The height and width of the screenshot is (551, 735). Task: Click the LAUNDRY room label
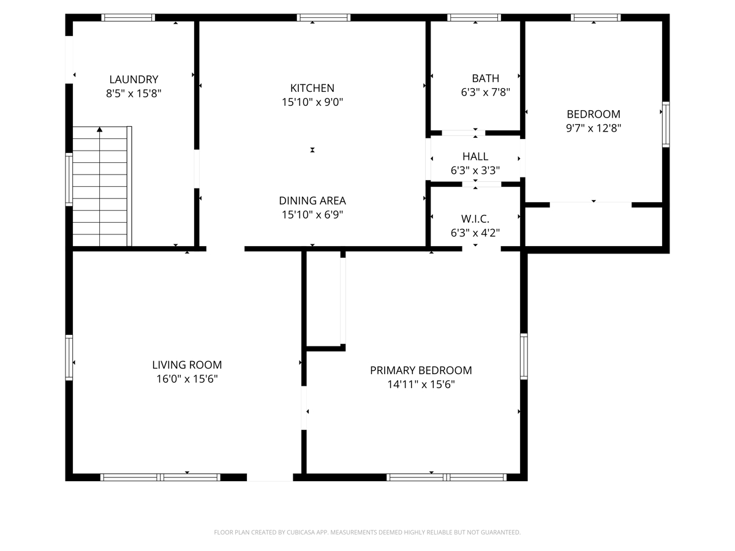[134, 80]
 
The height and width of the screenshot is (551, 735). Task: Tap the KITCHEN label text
[312, 88]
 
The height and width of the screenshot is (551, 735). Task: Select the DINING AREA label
[312, 200]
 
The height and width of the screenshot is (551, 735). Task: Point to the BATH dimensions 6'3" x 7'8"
[485, 92]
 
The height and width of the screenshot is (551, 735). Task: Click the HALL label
[475, 156]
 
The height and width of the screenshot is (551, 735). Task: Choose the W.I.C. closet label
[475, 219]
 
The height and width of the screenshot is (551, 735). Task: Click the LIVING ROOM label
[187, 365]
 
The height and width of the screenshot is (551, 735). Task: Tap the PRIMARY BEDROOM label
[421, 370]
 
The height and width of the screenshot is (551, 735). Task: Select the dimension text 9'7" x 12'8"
[594, 128]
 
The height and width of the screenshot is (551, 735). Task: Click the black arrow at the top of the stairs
[99, 129]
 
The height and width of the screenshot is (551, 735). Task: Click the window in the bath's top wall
[474, 17]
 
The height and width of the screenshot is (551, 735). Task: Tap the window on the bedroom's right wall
[666, 124]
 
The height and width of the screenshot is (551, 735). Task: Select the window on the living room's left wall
[69, 358]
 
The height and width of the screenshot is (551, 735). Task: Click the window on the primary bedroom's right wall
[524, 356]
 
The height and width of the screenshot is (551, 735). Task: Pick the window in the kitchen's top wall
[323, 17]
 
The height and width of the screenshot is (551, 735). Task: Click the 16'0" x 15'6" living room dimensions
[187, 379]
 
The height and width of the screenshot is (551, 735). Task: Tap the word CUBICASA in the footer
[301, 532]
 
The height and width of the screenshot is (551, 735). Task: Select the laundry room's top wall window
[128, 17]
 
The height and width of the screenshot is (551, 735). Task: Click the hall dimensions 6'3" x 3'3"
[475, 171]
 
